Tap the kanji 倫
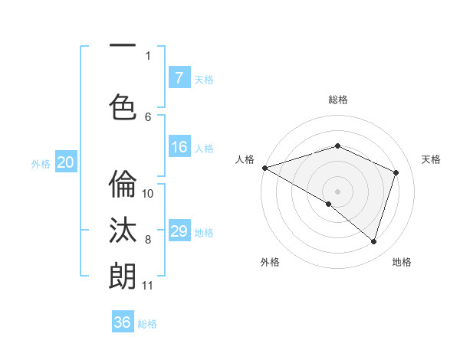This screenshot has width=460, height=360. coord(123,185)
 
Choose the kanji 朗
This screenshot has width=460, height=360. coord(123,276)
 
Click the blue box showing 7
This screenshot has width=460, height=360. coord(179,78)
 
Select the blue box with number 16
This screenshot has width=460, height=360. coord(179,147)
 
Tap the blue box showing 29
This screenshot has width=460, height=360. coord(179,232)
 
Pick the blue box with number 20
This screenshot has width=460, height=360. coord(66,162)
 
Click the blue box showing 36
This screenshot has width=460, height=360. coord(123,322)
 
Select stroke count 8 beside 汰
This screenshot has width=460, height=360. coord(148,240)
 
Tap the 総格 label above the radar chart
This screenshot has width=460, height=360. coord(338,100)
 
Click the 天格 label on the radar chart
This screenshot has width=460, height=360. coord(431,159)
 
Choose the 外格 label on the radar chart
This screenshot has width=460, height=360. coord(270,262)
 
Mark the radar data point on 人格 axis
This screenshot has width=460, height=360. coord(264,167)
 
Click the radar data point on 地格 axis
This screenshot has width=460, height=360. coord(373,242)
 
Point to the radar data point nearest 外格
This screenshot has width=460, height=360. coord(329,204)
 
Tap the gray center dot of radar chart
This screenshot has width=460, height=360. coord(337,191)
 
